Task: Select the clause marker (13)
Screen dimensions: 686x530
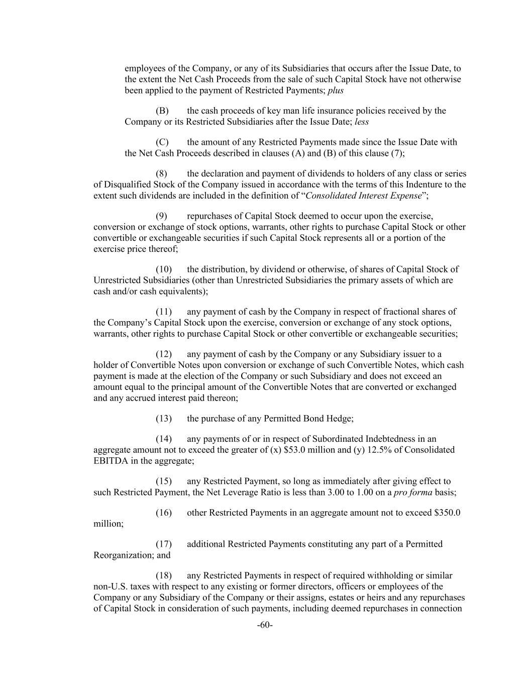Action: point(164,418)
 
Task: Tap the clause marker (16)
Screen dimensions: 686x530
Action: point(164,513)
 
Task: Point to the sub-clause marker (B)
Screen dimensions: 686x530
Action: point(162,111)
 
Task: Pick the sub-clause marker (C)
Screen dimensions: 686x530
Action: point(162,142)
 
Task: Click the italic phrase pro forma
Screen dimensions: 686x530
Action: point(413,493)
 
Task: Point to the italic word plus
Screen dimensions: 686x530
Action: point(336,90)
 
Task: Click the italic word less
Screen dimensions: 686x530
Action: point(362,122)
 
